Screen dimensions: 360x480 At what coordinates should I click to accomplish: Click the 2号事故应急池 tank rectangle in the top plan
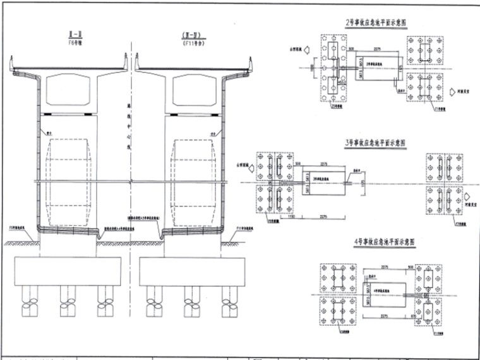point(378,66)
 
